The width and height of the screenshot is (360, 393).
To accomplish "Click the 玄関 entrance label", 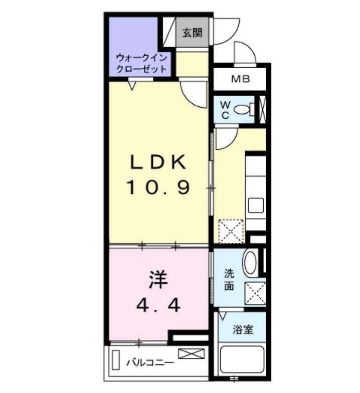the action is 192,33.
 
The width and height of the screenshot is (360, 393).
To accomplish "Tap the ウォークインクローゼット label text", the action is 141,63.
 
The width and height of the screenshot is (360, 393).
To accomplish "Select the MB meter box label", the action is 241,79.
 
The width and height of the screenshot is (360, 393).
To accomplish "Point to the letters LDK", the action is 158,162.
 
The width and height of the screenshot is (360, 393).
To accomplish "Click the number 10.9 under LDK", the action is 158,188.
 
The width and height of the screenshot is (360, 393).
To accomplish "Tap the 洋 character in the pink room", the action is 158,280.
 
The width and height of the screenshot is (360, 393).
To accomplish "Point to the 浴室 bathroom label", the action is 243,330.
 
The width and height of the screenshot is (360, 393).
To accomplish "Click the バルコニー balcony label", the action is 150,363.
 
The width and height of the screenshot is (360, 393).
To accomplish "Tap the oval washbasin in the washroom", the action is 251,263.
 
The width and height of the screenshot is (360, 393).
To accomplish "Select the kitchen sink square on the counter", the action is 256,206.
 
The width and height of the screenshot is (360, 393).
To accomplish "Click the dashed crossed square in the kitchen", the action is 231,232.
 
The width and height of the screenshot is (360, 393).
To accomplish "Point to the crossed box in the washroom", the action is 255,294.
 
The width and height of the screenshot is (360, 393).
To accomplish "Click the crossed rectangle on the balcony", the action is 192,354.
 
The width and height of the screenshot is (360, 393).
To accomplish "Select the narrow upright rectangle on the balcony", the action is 115,359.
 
